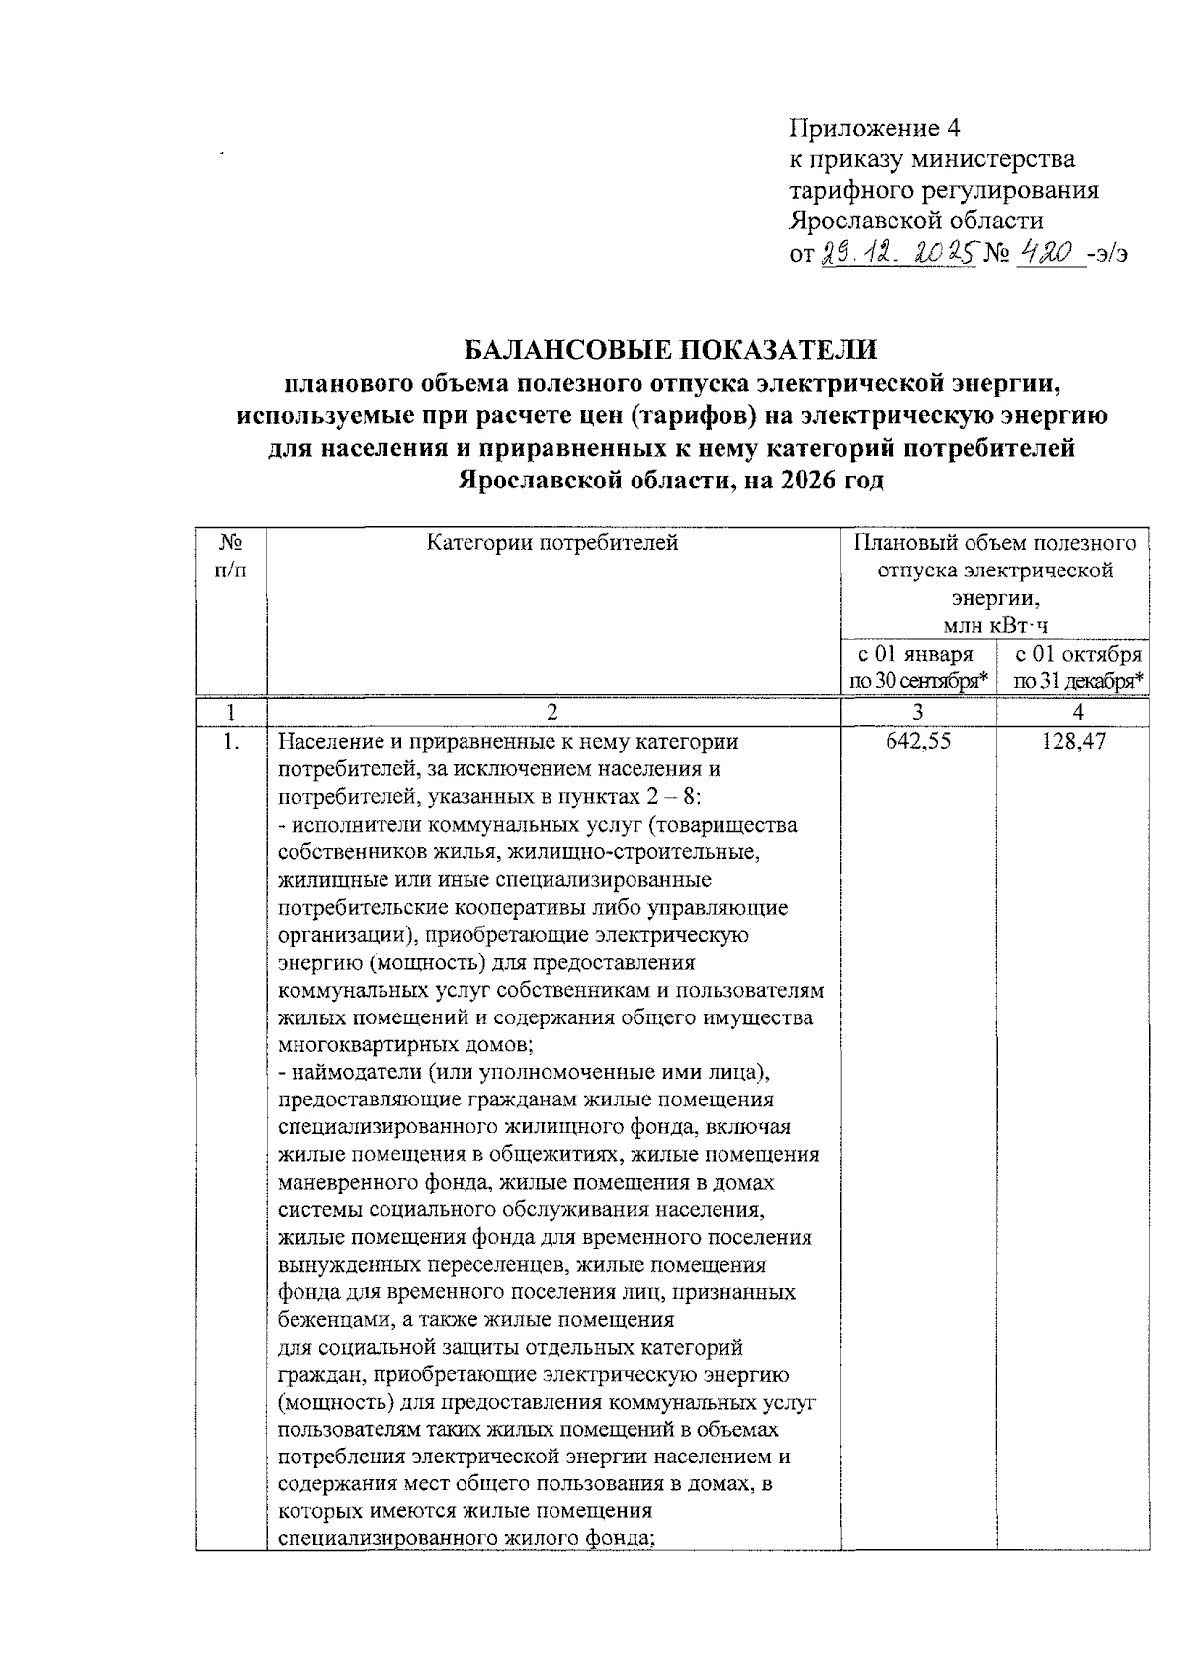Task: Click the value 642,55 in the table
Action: [918, 741]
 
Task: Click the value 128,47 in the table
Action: [1072, 741]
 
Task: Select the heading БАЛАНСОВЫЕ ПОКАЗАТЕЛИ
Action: [671, 350]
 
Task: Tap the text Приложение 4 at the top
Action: [875, 129]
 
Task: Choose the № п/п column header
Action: [230, 556]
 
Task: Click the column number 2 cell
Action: [552, 712]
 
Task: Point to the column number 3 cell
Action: [918, 712]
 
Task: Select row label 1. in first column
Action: [230, 741]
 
